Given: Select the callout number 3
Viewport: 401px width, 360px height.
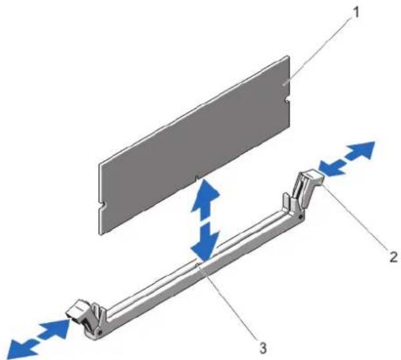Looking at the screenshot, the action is click(x=263, y=348).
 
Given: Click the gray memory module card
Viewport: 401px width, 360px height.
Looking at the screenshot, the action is click(x=195, y=145).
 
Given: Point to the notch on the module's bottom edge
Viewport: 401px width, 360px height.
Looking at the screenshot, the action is click(x=197, y=177).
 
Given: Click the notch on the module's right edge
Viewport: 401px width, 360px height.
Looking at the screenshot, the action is click(x=287, y=99).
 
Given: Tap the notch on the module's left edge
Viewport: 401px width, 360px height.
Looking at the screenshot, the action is click(x=101, y=204).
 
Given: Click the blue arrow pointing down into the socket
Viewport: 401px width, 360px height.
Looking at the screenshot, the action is click(x=206, y=242).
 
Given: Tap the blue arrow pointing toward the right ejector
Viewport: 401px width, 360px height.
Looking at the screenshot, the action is click(x=332, y=168).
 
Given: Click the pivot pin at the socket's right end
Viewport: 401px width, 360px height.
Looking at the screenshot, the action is click(x=301, y=217).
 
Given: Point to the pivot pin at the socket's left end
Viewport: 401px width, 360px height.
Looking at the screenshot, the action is click(x=100, y=332).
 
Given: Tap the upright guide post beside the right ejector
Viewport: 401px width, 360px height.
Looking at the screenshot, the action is click(x=286, y=201).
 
